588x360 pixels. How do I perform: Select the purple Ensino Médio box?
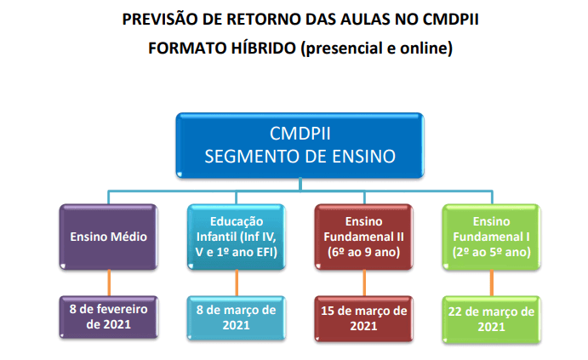click(109, 236)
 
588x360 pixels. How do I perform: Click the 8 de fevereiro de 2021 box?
click(109, 317)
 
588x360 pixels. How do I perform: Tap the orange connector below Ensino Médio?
click(109, 283)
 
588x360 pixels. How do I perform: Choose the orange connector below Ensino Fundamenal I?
click(492, 283)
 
